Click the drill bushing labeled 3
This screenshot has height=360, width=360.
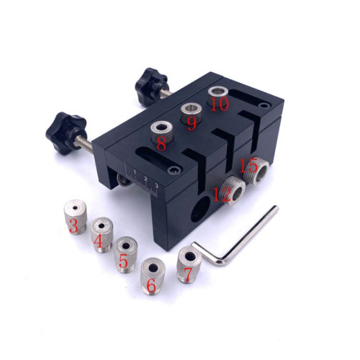coord(76,217)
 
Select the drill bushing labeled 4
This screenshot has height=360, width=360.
coord(102,235)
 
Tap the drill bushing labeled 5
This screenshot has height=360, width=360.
coord(125,255)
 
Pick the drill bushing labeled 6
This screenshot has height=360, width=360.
coord(153,276)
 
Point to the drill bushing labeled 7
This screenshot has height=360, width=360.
coord(189,264)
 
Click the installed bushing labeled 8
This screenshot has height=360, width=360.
coord(161,132)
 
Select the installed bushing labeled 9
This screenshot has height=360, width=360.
coord(192,113)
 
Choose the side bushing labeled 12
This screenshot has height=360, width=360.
coord(233,191)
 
